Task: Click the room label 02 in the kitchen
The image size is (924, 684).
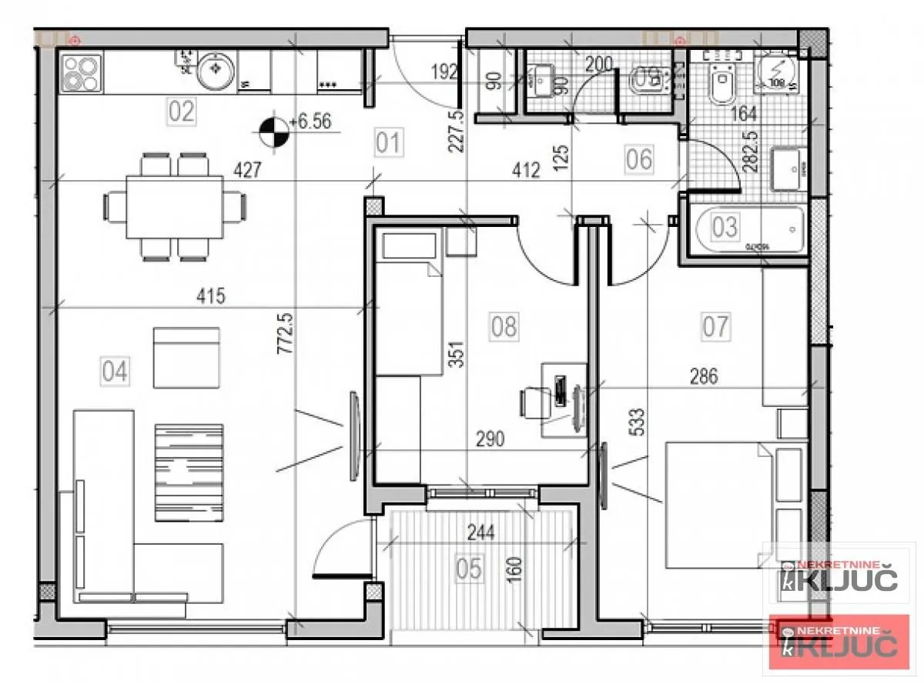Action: (181, 112)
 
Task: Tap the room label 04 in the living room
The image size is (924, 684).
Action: (115, 372)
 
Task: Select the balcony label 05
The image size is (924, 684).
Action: (468, 569)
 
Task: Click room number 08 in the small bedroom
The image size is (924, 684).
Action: (504, 326)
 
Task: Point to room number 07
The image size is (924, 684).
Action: (715, 326)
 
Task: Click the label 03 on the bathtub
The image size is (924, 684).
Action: (725, 227)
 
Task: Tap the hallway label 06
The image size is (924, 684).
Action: (639, 159)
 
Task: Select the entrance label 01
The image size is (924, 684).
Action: (389, 143)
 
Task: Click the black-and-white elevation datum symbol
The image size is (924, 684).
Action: (274, 132)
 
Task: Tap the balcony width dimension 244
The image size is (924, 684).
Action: (481, 530)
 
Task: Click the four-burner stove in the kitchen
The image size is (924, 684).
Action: (82, 74)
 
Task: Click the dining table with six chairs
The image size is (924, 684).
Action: (174, 206)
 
